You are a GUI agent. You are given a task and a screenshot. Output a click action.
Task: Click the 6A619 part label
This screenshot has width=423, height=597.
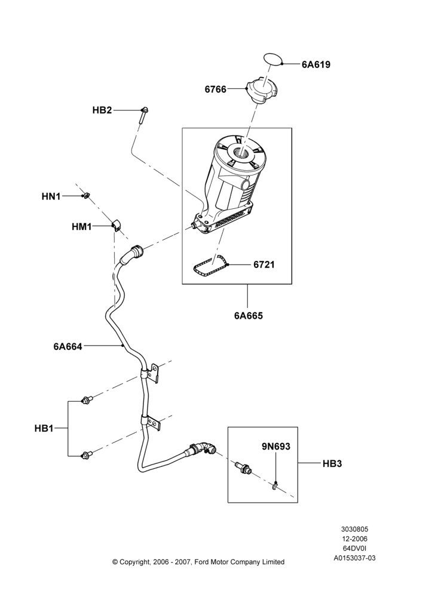(x=316, y=64)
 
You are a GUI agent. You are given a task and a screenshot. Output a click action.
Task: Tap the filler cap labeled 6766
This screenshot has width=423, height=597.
(x=262, y=90)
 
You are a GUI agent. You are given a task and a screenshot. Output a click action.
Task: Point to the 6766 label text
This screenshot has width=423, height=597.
(x=215, y=90)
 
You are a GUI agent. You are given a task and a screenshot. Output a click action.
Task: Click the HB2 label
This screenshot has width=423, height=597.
(x=102, y=110)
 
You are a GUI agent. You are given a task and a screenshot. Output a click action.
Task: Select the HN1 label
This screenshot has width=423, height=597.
(x=51, y=197)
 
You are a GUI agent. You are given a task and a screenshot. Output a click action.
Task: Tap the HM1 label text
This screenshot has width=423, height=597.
(x=81, y=227)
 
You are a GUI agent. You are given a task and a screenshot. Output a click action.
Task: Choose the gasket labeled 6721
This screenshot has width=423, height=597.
(x=210, y=266)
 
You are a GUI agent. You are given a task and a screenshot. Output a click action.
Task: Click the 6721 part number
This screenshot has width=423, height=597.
(x=263, y=264)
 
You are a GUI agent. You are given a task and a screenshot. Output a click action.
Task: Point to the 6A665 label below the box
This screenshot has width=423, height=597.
(x=249, y=316)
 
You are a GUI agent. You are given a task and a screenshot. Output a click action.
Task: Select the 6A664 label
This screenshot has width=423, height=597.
(x=68, y=346)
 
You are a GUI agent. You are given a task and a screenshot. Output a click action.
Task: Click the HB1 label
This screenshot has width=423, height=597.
(x=44, y=428)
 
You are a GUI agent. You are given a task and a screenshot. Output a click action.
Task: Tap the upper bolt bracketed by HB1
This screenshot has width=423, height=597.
(x=86, y=400)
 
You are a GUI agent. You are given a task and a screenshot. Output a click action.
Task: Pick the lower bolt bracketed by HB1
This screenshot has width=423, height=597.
(x=86, y=454)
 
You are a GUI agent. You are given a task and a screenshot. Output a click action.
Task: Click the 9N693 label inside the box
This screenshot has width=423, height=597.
(x=276, y=446)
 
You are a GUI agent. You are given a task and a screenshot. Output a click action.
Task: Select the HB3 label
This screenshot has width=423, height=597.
(x=332, y=464)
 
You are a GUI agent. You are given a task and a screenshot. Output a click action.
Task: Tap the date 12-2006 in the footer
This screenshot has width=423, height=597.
(x=354, y=539)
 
